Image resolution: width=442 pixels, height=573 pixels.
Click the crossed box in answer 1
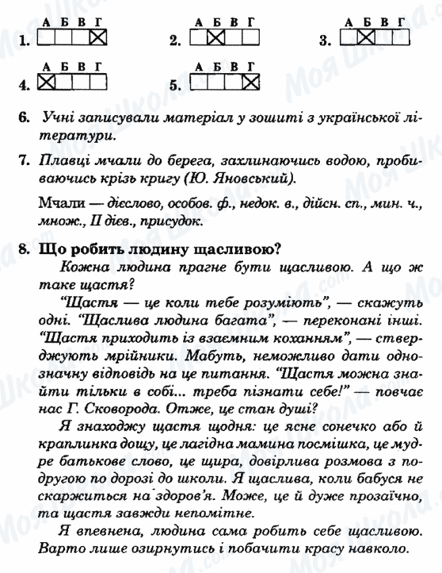coord(98,37)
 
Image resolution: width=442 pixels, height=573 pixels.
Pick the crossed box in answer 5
coord(250,81)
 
